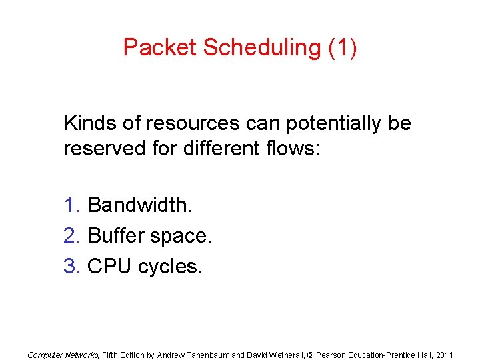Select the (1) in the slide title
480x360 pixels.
point(343,47)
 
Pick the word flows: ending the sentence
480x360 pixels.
point(293,148)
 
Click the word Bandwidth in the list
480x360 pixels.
point(139,205)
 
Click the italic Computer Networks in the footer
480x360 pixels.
point(63,355)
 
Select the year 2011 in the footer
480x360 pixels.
point(443,355)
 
